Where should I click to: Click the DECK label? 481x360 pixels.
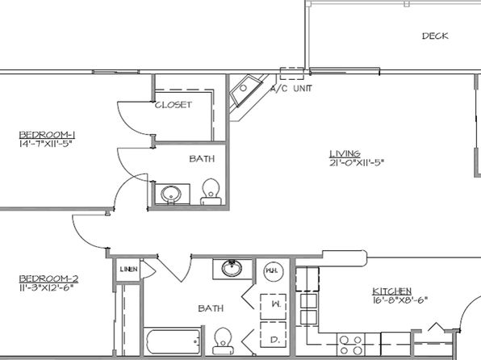[435, 36]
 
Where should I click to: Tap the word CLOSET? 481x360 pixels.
[173, 105]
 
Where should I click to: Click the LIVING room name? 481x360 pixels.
[344, 153]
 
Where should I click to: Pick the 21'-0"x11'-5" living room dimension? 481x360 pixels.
[356, 163]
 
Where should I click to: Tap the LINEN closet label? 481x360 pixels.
[127, 269]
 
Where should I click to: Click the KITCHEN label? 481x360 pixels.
[392, 291]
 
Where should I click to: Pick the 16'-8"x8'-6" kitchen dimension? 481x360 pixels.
[399, 300]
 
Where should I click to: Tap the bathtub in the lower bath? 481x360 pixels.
[171, 342]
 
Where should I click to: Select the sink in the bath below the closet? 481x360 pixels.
[170, 195]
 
